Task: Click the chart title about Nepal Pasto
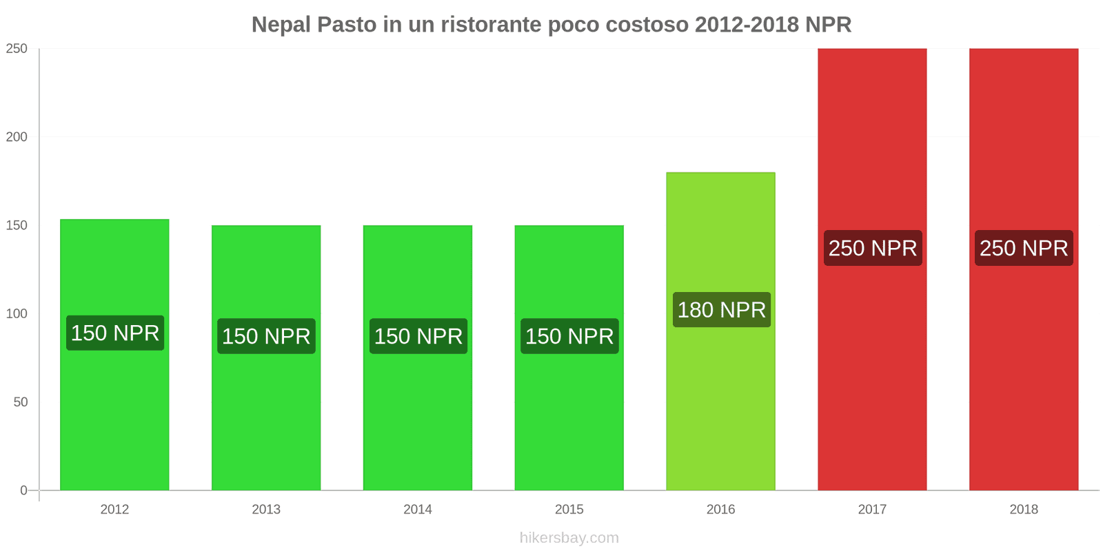[551, 25]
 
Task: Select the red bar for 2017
[872, 379]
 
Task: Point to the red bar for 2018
[1024, 379]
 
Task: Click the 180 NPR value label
[721, 310]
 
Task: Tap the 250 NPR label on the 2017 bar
[873, 248]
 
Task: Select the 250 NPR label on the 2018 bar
[1024, 248]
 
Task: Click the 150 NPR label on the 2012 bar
[115, 333]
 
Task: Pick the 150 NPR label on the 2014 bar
[418, 336]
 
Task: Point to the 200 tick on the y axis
[17, 137]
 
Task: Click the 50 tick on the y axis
[21, 402]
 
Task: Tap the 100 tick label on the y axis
[17, 314]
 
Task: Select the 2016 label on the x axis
[720, 510]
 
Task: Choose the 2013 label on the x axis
[266, 510]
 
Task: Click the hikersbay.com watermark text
[569, 538]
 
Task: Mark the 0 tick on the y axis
[24, 490]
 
